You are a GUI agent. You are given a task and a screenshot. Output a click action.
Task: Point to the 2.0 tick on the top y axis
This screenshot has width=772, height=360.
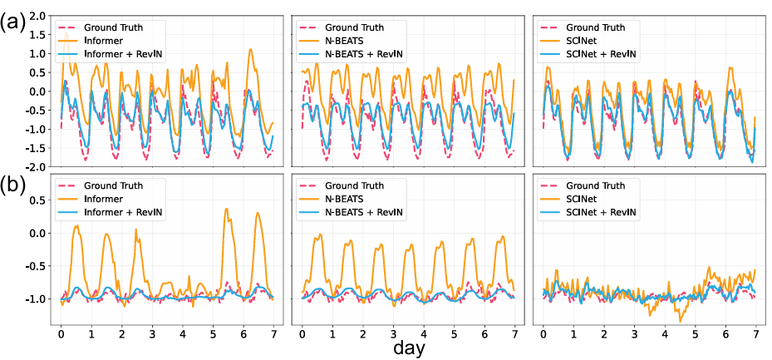(x=36, y=17)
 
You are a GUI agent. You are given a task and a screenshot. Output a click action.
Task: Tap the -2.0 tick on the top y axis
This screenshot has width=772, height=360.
(x=33, y=165)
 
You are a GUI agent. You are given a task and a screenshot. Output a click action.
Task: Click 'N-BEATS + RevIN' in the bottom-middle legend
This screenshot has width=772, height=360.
(x=366, y=213)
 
